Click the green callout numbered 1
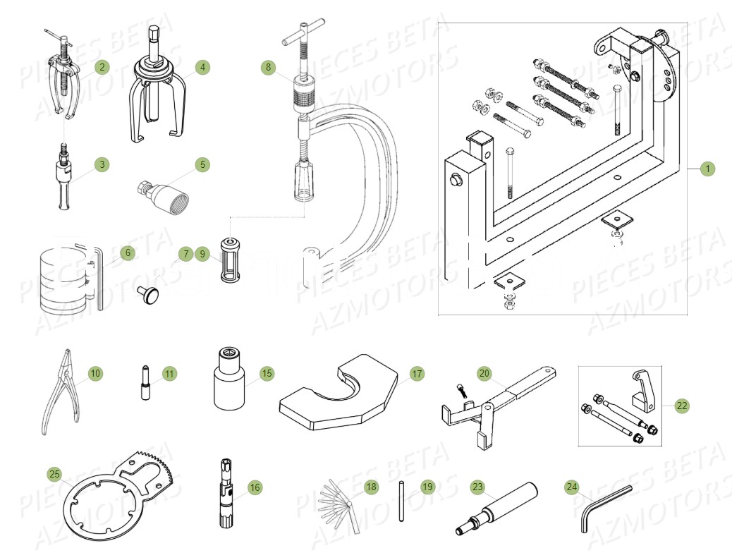[708, 169]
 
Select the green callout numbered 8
[267, 68]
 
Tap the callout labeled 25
[55, 472]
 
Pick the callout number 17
[417, 373]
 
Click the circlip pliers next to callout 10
[59, 395]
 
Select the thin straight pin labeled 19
[401, 501]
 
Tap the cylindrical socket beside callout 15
[230, 384]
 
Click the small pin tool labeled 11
[145, 384]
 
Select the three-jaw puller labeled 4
[155, 92]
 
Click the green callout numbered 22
[681, 406]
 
